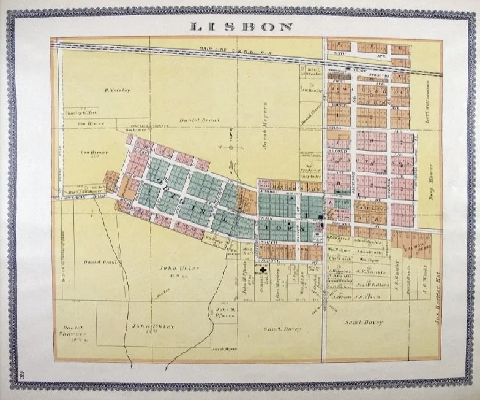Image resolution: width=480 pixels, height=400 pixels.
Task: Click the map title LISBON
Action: [241, 26]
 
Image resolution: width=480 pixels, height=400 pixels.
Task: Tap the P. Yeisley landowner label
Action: [118, 90]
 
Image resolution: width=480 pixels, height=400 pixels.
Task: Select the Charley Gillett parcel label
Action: [81, 112]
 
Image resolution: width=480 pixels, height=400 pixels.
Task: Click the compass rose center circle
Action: [231, 147]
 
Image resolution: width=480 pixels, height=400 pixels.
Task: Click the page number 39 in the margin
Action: [21, 374]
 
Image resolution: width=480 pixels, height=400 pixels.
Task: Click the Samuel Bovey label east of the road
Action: [364, 322]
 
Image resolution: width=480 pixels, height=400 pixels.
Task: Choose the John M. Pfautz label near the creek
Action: [225, 313]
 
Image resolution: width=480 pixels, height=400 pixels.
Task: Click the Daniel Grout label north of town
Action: [195, 121]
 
